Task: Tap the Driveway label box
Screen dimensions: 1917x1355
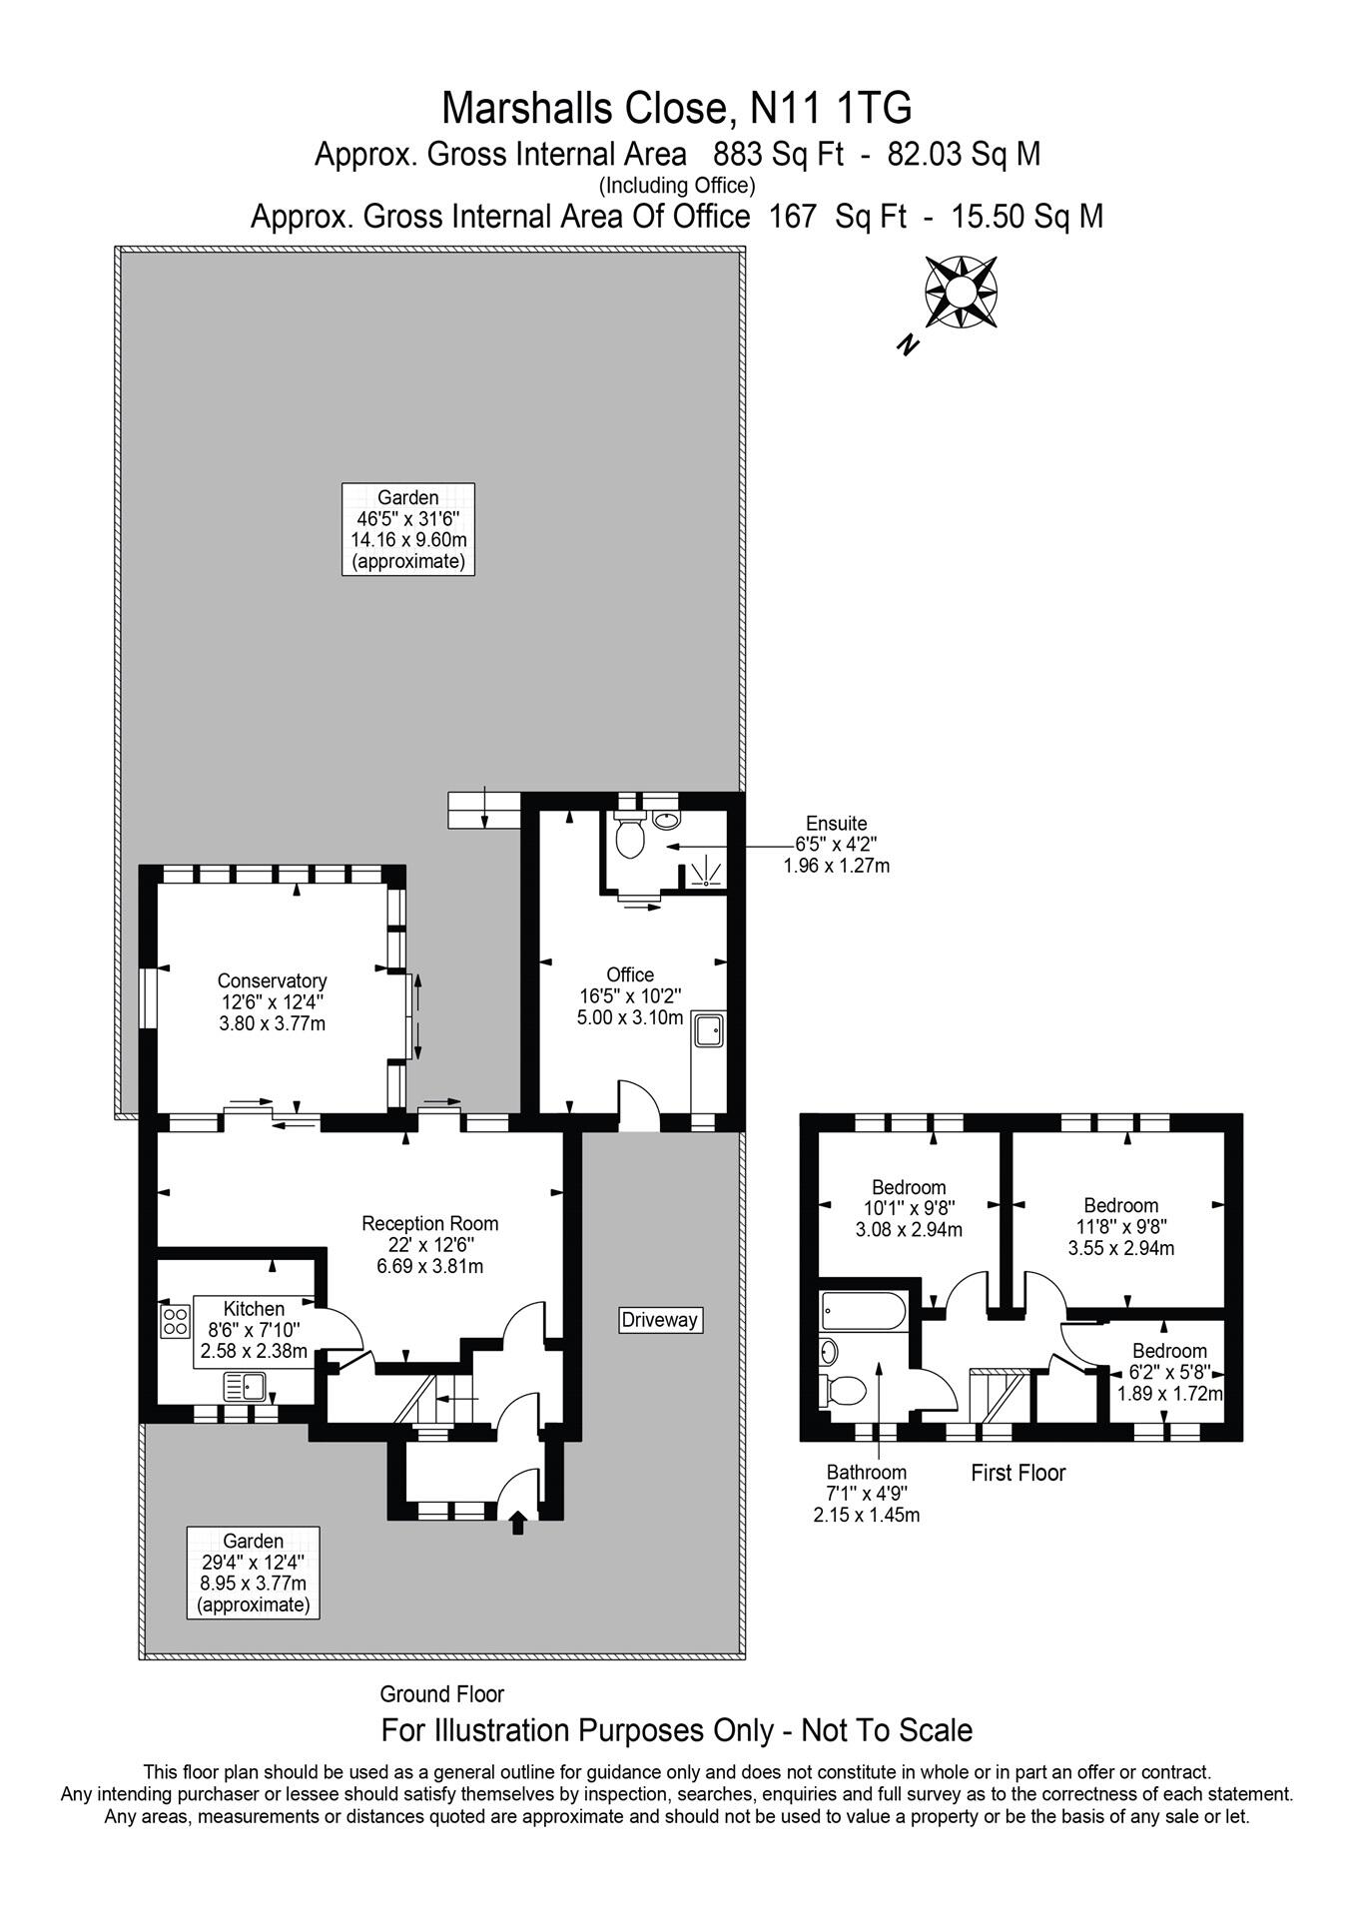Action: pos(659,1319)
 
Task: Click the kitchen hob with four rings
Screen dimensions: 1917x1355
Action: pos(175,1322)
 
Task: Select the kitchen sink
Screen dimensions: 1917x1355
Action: pos(244,1387)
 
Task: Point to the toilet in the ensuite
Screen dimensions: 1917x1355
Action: pos(629,839)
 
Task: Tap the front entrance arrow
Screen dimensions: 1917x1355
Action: pos(517,1523)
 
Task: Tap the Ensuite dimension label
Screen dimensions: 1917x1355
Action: pos(836,844)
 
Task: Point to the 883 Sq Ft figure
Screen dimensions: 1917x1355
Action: pos(778,155)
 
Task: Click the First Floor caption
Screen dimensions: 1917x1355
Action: pos(1017,1472)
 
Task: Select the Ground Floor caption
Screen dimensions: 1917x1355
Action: pos(441,1693)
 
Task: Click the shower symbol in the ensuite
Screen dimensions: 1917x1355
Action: pos(708,872)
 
